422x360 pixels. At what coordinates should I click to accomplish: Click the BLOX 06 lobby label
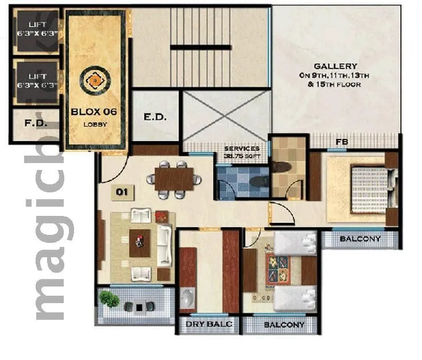(x=93, y=113)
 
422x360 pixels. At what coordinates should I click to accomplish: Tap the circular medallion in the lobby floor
(x=94, y=81)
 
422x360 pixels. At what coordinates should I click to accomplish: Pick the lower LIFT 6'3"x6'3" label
(x=37, y=80)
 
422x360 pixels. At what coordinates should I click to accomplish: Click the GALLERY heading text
(x=335, y=66)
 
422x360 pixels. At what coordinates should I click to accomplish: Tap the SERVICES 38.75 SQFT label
(x=242, y=152)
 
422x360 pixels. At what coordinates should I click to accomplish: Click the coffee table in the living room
(x=140, y=243)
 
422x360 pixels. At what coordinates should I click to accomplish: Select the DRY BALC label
(x=208, y=325)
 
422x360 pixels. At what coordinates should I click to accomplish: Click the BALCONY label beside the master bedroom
(x=360, y=239)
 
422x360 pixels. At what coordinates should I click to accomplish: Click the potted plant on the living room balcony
(x=109, y=299)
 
